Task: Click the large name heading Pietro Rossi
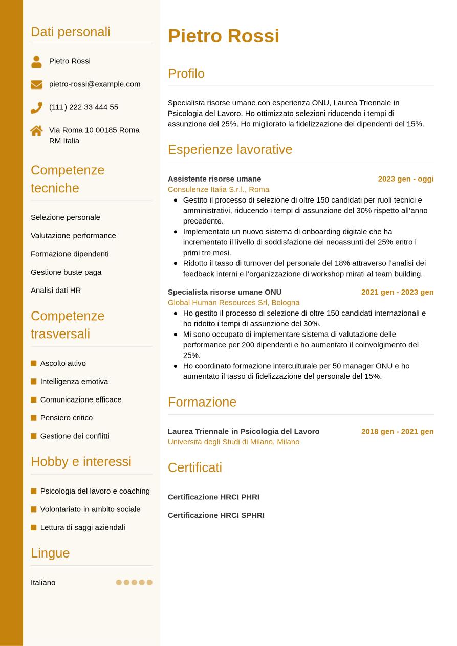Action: (x=223, y=36)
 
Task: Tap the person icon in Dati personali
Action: (x=36, y=61)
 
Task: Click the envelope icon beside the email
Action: (x=36, y=84)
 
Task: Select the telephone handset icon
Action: (x=36, y=107)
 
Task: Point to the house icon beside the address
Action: (x=36, y=130)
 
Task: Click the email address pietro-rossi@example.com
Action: (x=95, y=84)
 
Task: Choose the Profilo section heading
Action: (x=186, y=73)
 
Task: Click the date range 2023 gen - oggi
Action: (x=405, y=179)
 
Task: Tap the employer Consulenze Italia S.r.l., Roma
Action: (x=219, y=189)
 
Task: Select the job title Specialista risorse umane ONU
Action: (x=225, y=292)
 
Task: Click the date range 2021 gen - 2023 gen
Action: (x=397, y=292)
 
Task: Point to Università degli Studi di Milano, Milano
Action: (x=233, y=441)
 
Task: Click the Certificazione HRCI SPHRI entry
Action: (x=216, y=515)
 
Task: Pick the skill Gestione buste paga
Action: (x=66, y=272)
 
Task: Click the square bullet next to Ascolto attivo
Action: (x=34, y=363)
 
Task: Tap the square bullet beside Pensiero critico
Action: (x=34, y=418)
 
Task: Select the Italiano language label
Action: (x=43, y=582)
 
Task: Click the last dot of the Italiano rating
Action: (x=149, y=582)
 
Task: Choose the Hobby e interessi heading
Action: (x=81, y=461)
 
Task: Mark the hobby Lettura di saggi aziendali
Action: (x=82, y=527)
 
